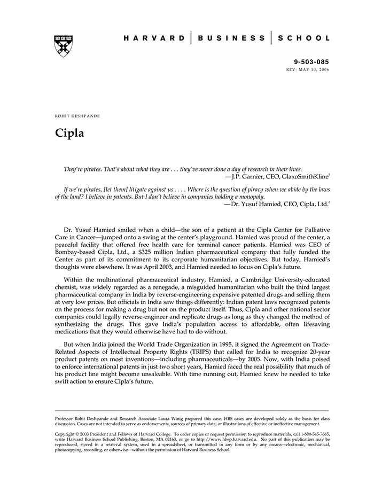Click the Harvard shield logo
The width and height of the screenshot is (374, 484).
click(x=64, y=46)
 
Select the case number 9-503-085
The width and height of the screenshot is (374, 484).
click(x=312, y=63)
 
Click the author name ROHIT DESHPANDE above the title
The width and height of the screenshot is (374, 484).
click(x=77, y=116)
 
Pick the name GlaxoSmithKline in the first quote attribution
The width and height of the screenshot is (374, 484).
click(x=305, y=175)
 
